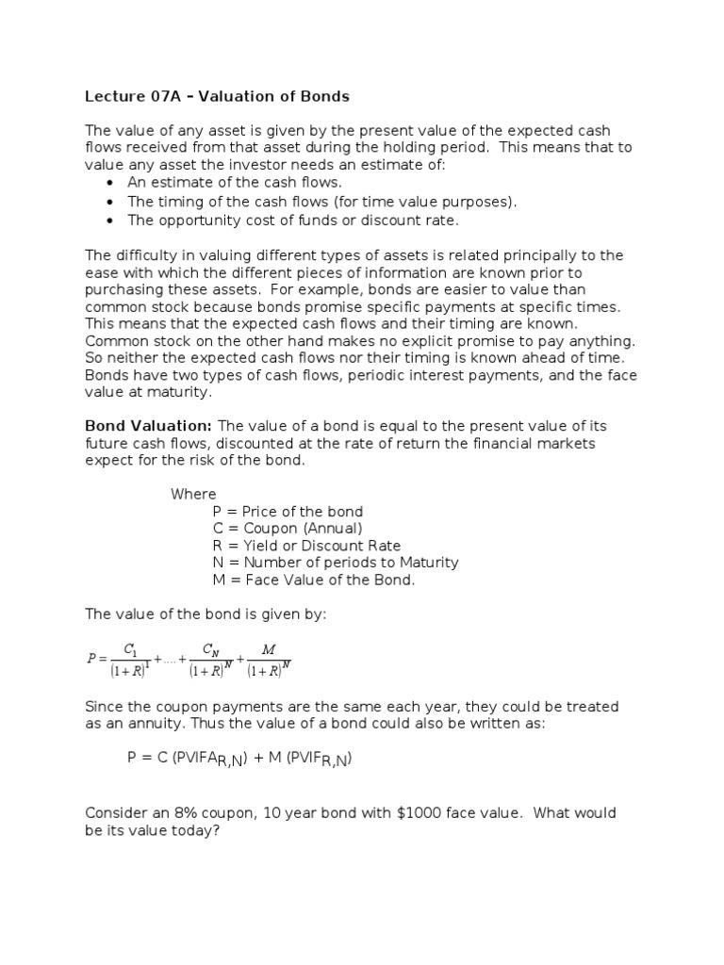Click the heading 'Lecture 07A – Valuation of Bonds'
coord(217,95)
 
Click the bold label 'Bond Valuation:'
coord(149,426)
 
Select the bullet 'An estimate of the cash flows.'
coord(235,183)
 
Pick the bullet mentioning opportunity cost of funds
coord(293,221)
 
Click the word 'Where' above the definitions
coord(193,494)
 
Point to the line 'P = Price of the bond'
coord(288,512)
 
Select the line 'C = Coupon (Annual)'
coord(287,529)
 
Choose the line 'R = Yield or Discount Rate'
coord(306,546)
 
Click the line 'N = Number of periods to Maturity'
coord(336,563)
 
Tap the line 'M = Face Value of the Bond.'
coord(314,580)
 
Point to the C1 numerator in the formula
coord(131,649)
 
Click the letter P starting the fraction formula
coord(91,660)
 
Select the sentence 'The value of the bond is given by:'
coord(206,613)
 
